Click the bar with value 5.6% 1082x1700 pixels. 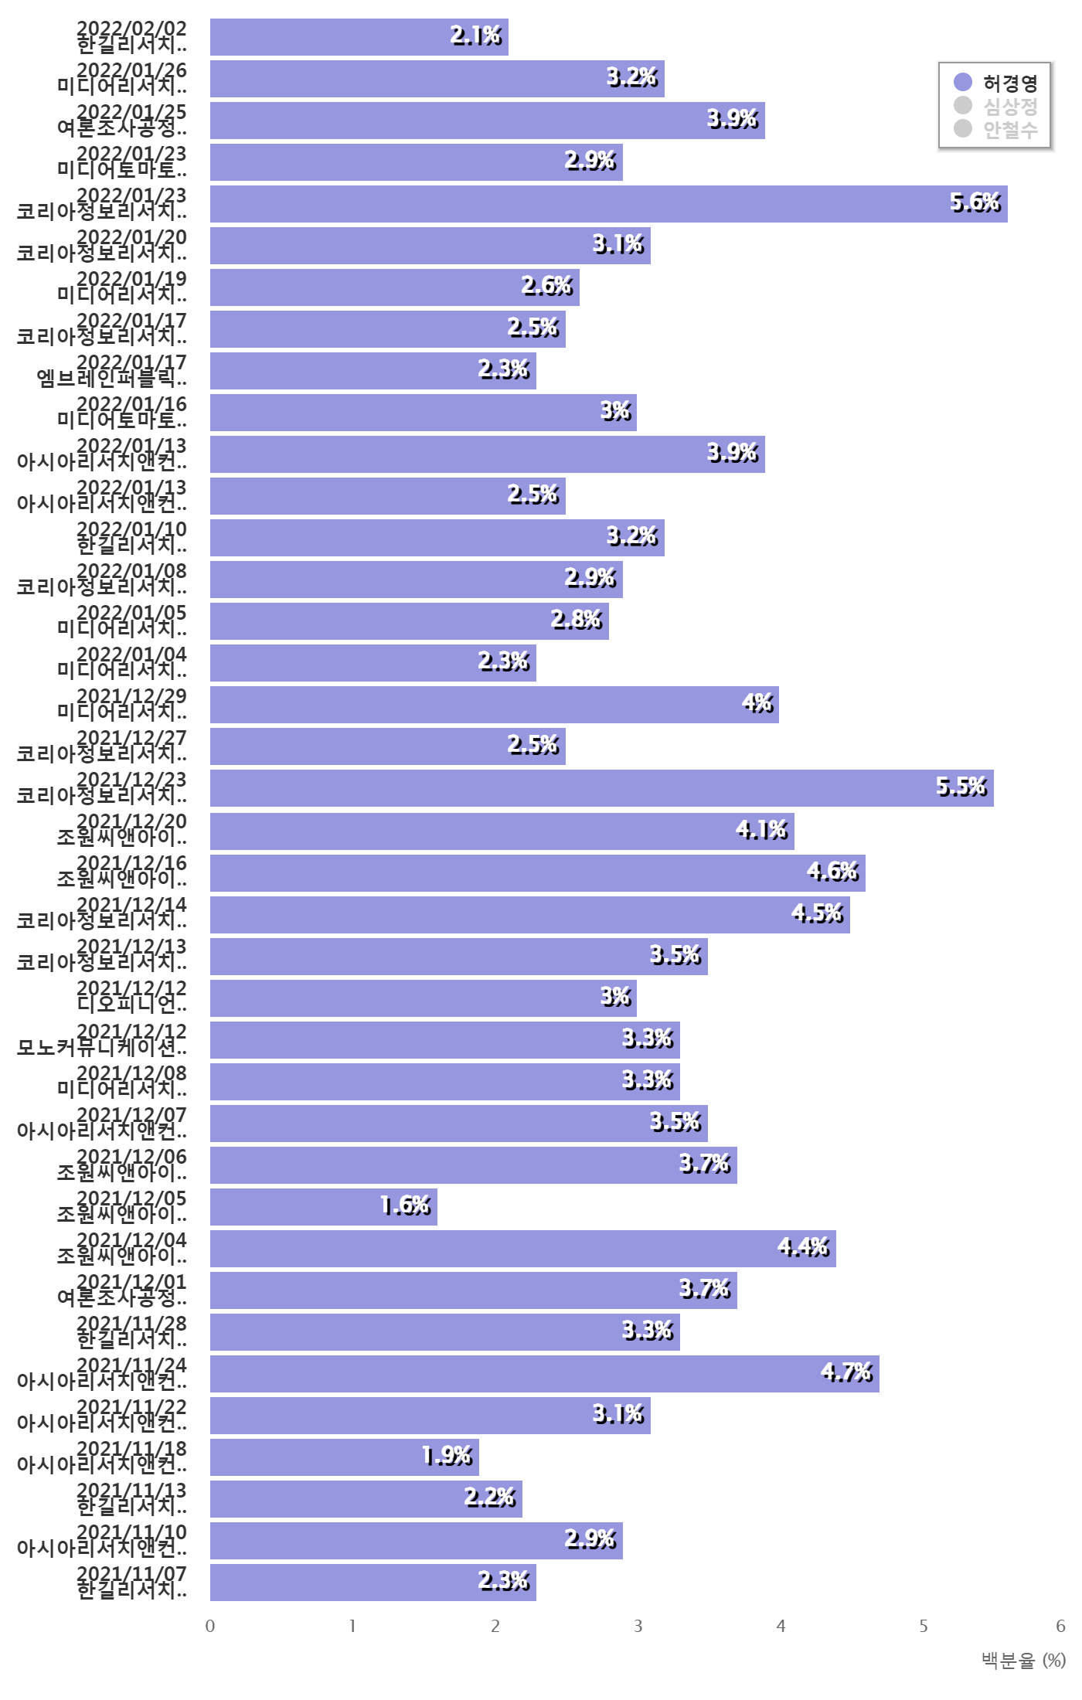tap(609, 204)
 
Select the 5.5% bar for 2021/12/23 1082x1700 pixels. tap(602, 788)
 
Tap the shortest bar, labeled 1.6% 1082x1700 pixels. tap(324, 1207)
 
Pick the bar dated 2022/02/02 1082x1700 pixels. tap(359, 37)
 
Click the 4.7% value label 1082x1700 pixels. tap(846, 1372)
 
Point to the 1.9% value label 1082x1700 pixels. tap(447, 1456)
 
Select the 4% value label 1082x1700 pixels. tap(757, 703)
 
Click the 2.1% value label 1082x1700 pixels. tap(475, 36)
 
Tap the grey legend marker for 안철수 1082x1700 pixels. tap(963, 128)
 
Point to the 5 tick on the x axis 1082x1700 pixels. tap(923, 1626)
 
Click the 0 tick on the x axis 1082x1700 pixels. tap(210, 1626)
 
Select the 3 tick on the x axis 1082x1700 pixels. tap(638, 1626)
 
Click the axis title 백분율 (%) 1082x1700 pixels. tap(1022, 1660)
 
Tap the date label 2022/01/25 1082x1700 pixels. tap(131, 112)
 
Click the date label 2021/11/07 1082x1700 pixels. tap(131, 1574)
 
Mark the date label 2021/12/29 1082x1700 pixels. tap(131, 696)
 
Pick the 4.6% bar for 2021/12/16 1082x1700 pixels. tap(538, 873)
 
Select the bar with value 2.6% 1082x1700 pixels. tap(395, 287)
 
